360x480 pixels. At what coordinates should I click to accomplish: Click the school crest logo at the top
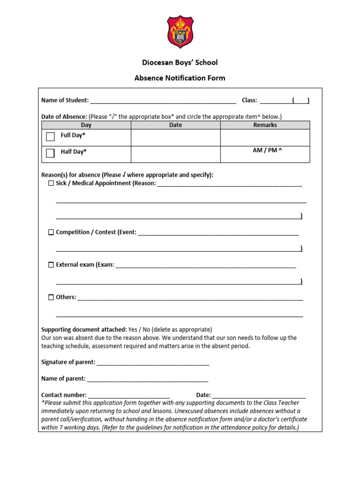[x=180, y=32]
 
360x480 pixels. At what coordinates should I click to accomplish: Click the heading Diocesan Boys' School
[x=180, y=62]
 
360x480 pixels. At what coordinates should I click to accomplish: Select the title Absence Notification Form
[x=180, y=78]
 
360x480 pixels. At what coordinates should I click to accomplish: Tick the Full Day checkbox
[x=51, y=137]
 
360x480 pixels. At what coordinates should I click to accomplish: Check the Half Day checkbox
[x=51, y=153]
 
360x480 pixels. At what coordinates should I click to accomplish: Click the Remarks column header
[x=265, y=125]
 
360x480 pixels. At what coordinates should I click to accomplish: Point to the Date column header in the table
[x=175, y=125]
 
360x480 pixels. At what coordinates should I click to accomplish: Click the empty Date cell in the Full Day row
[x=175, y=137]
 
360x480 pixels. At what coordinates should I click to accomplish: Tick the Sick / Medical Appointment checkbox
[x=51, y=183]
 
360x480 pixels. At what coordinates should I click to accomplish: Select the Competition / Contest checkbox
[x=51, y=232]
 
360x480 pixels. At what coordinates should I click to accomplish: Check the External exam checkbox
[x=51, y=265]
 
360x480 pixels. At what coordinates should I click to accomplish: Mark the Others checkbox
[x=51, y=297]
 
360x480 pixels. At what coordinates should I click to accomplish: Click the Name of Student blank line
[x=163, y=100]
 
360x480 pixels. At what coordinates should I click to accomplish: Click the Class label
[x=249, y=100]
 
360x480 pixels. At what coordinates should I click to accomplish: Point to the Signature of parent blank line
[x=153, y=362]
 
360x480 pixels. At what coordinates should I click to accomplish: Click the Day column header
[x=86, y=125]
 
